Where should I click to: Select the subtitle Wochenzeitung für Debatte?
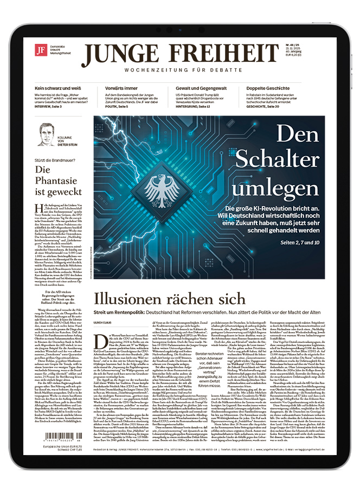(179, 70)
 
